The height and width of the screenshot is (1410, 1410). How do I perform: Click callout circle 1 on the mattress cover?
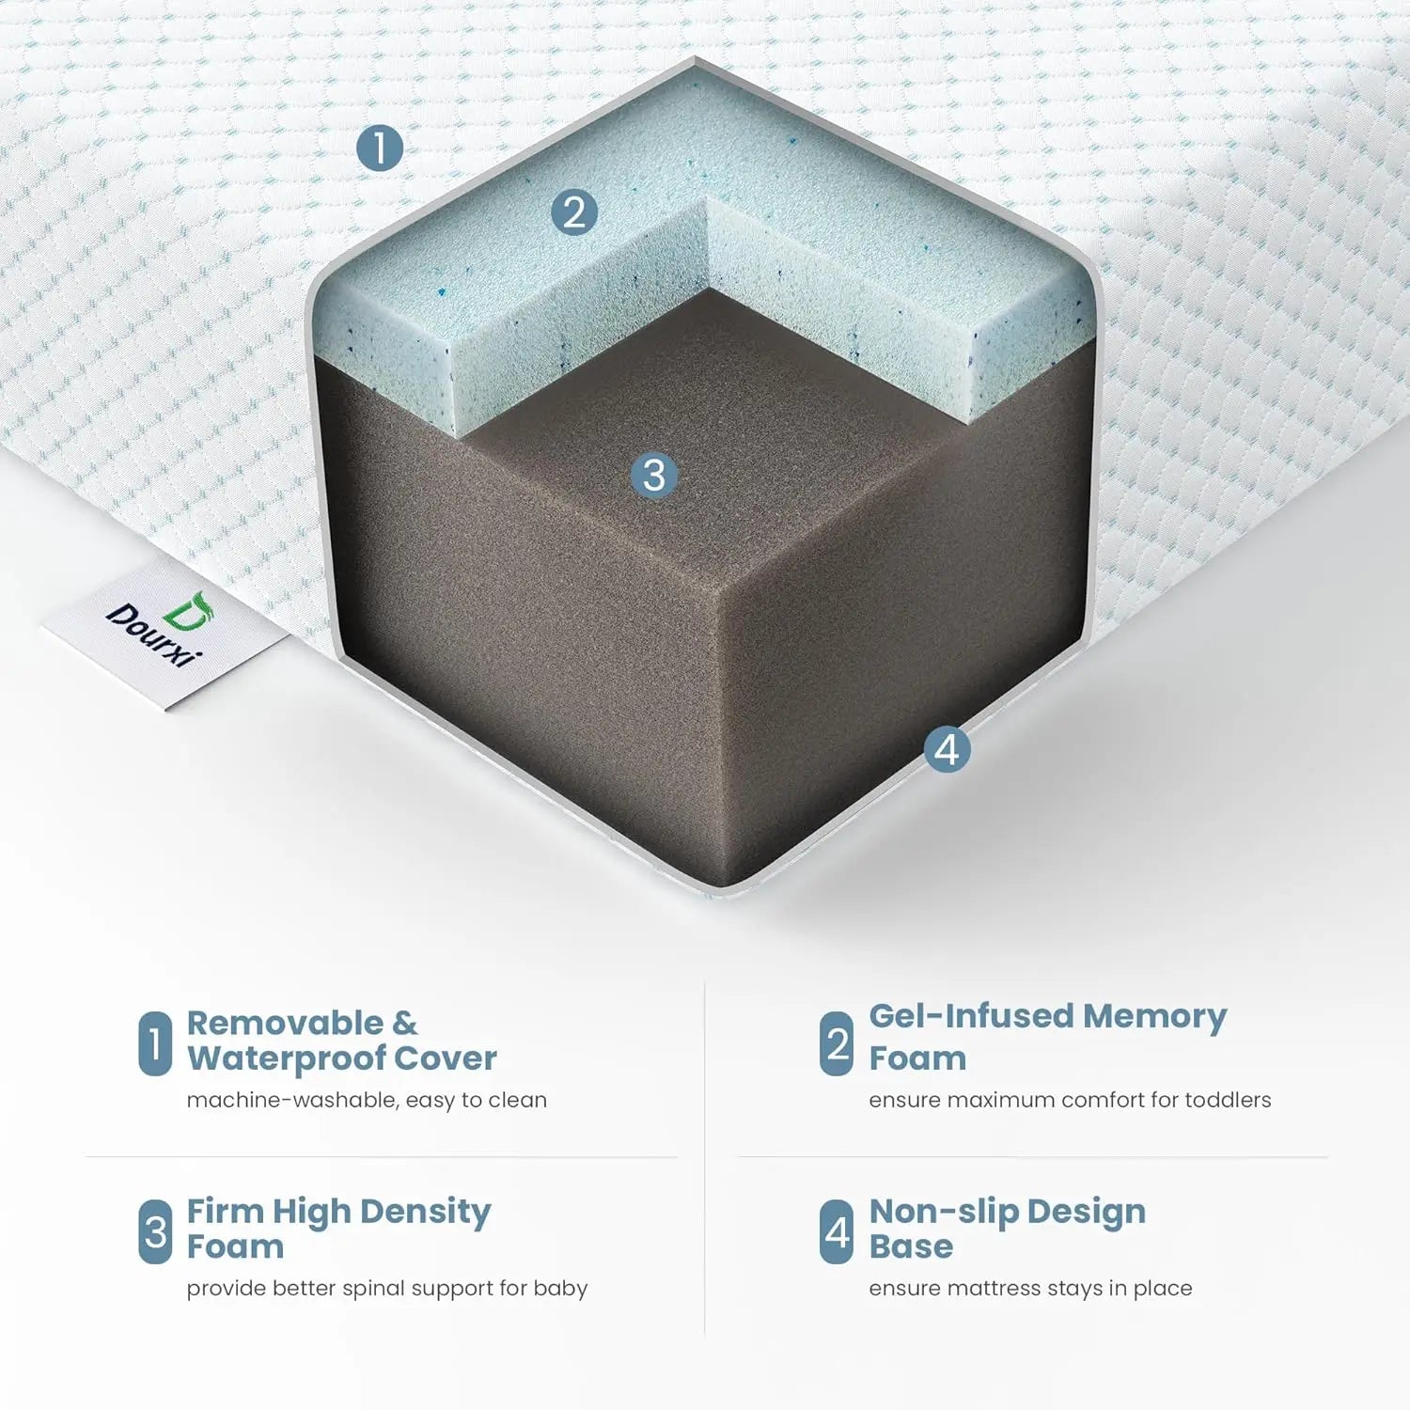380,149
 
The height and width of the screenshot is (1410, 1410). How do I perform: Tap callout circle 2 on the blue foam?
574,211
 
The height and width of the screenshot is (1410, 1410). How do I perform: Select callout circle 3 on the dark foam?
654,475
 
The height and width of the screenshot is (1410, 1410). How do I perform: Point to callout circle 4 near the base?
947,749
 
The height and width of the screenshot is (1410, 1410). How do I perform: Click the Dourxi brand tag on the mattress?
165,631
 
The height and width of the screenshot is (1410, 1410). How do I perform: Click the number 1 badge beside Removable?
155,1043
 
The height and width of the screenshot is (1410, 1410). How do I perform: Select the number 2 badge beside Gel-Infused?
837,1043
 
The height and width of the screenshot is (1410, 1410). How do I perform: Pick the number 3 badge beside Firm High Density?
155,1231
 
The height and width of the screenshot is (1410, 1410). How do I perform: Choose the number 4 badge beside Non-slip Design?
837,1231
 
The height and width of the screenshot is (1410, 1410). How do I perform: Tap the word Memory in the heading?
1154,1017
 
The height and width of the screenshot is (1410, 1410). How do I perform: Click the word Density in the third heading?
425,1213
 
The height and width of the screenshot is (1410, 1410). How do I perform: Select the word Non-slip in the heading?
943,1213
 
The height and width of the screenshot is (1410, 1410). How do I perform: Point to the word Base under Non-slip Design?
911,1246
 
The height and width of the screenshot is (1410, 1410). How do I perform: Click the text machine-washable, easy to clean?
367,1100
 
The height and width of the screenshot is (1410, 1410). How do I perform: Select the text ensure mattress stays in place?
1030,1289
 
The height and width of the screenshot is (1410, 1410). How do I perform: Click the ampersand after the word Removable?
405,1023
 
